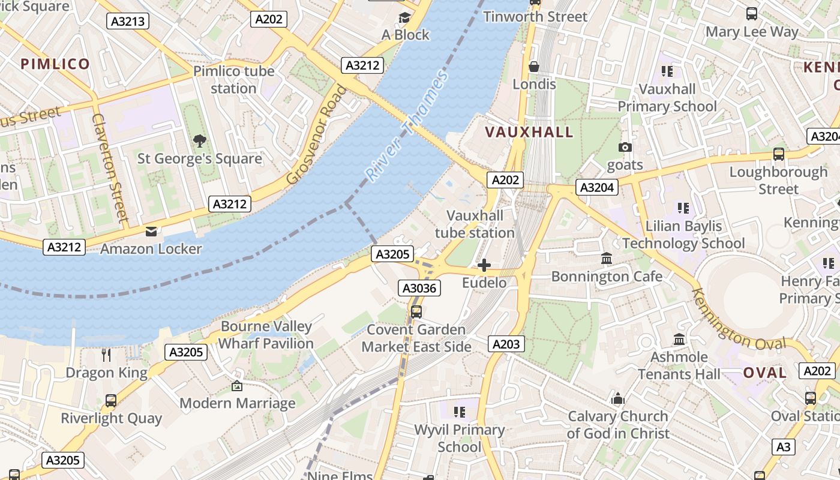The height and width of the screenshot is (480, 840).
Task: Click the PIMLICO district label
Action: pyautogui.click(x=55, y=64)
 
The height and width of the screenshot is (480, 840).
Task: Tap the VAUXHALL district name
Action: pyautogui.click(x=529, y=132)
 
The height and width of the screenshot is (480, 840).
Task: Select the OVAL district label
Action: pyautogui.click(x=765, y=373)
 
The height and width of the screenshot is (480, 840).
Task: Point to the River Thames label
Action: pyautogui.click(x=407, y=127)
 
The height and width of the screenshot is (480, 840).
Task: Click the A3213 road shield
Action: pyautogui.click(x=128, y=22)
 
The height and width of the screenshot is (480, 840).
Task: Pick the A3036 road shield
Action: pyautogui.click(x=419, y=288)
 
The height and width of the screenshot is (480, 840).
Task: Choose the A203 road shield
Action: pyautogui.click(x=506, y=344)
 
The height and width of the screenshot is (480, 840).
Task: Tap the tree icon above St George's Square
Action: pyautogui.click(x=200, y=141)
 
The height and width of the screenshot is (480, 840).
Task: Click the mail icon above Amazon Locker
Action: pyautogui.click(x=151, y=231)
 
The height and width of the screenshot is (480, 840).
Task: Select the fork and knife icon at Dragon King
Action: pyautogui.click(x=106, y=355)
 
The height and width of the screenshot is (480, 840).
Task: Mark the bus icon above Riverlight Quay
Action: pyautogui.click(x=111, y=400)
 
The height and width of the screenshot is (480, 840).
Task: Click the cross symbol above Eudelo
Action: pyautogui.click(x=484, y=265)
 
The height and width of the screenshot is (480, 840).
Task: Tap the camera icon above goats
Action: pyautogui.click(x=625, y=147)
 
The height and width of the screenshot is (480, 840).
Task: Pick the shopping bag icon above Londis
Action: pyautogui.click(x=534, y=66)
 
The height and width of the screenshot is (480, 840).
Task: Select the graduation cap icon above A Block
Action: pyautogui.click(x=405, y=17)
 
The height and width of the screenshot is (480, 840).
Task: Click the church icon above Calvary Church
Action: pyautogui.click(x=617, y=398)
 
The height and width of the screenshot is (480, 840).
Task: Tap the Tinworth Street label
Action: pyautogui.click(x=535, y=17)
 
